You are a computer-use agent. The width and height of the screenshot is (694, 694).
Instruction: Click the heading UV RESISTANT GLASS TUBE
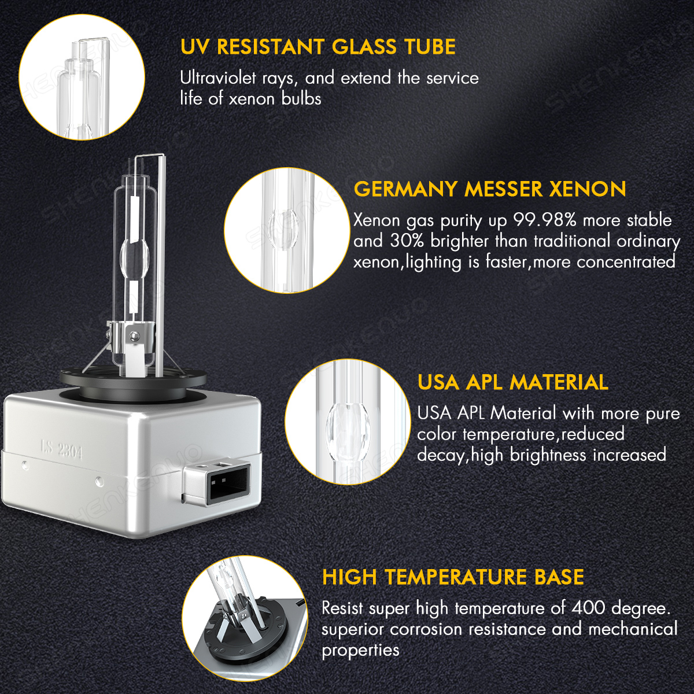pos(318,47)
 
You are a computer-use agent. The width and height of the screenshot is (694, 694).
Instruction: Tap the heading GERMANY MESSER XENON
pos(490,189)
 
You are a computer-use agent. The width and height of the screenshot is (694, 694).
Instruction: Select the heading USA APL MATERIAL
pos(513,382)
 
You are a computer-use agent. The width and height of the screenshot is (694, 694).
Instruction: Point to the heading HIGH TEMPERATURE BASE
pos(453,577)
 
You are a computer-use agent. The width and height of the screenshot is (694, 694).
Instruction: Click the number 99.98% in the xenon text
pos(545,220)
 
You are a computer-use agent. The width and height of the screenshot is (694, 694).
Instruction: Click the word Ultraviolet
pos(219,78)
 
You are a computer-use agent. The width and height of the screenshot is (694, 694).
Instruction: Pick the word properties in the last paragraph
pos(360,650)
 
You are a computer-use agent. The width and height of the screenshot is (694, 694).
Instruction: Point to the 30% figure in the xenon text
pos(407,241)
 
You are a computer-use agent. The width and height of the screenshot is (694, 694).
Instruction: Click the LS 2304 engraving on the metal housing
pos(62,450)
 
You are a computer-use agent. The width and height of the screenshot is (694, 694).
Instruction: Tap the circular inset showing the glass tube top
pos(82,77)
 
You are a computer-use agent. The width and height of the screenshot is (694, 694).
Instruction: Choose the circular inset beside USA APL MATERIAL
pos(348,422)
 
